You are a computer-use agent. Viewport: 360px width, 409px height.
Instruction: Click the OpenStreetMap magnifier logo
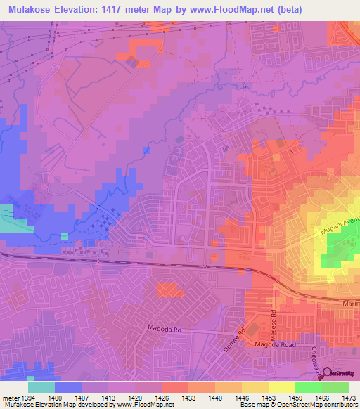(326, 373)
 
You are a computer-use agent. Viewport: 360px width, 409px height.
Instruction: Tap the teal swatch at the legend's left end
(41, 387)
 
